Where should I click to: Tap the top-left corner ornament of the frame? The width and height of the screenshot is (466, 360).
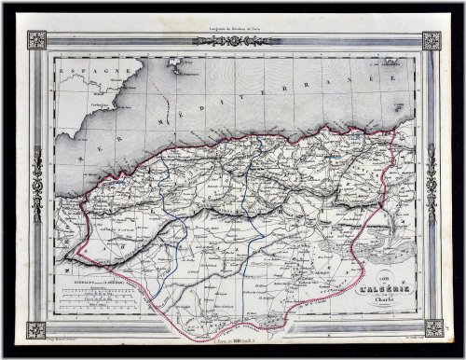[x=36, y=40]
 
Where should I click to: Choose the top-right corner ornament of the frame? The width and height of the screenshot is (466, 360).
[x=432, y=40]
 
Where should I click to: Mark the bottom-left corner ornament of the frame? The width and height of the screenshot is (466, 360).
[x=36, y=328]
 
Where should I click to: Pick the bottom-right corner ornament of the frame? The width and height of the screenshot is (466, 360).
[x=432, y=328]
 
